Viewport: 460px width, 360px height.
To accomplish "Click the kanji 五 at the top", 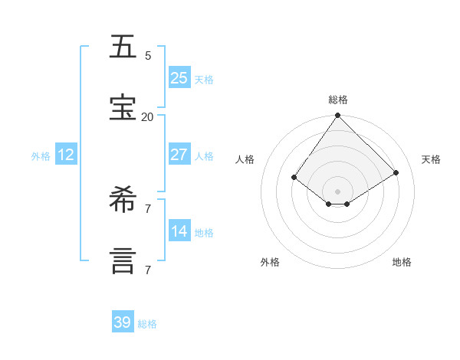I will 123,47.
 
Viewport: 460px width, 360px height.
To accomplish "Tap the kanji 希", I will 123,201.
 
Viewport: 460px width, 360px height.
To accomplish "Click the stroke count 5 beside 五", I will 148,56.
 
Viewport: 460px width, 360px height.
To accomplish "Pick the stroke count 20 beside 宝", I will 147,117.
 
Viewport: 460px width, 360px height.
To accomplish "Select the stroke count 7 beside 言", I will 148,270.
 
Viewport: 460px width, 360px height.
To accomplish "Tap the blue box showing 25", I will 179,78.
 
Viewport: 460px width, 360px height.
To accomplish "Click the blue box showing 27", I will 179,155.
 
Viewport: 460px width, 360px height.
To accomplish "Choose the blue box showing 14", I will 179,231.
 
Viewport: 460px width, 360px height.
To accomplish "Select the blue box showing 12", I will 65,155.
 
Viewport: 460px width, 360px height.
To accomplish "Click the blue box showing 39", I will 122,322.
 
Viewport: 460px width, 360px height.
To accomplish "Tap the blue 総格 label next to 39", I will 147,324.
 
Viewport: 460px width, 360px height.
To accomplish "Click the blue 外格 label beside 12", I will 41,156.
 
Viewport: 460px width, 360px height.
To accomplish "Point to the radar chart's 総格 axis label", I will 338,100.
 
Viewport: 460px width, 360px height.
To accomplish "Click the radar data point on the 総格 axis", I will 338,116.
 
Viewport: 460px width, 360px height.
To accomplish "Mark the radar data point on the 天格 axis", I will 396,172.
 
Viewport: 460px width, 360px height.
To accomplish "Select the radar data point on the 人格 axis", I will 294,177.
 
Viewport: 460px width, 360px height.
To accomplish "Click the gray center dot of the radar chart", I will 338,191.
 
